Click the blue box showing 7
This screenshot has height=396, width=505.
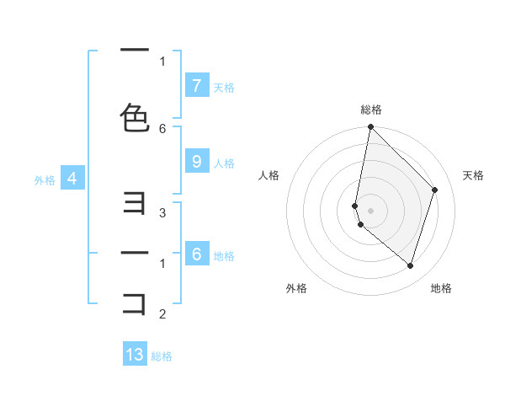click(196, 85)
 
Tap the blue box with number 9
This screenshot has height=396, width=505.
click(196, 162)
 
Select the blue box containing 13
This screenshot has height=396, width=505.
click(135, 355)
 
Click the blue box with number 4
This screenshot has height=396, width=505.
click(72, 179)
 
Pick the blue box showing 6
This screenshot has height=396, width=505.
click(196, 254)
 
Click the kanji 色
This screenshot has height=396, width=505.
click(135, 117)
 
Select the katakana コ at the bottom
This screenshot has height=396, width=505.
click(135, 302)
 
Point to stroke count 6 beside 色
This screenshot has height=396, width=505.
click(162, 128)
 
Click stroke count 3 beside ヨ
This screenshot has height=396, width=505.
click(162, 213)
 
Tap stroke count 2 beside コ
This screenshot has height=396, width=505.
click(162, 314)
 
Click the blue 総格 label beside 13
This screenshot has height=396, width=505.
click(162, 356)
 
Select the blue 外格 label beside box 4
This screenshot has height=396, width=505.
click(45, 179)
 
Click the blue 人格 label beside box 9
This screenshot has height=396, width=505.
click(224, 163)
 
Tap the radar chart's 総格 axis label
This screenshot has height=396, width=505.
click(371, 110)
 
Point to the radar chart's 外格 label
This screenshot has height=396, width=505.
click(296, 288)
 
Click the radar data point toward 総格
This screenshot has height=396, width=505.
click(370, 127)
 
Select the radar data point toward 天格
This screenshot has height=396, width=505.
click(434, 190)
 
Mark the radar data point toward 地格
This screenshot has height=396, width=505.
click(410, 265)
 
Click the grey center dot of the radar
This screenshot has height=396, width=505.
click(370, 210)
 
